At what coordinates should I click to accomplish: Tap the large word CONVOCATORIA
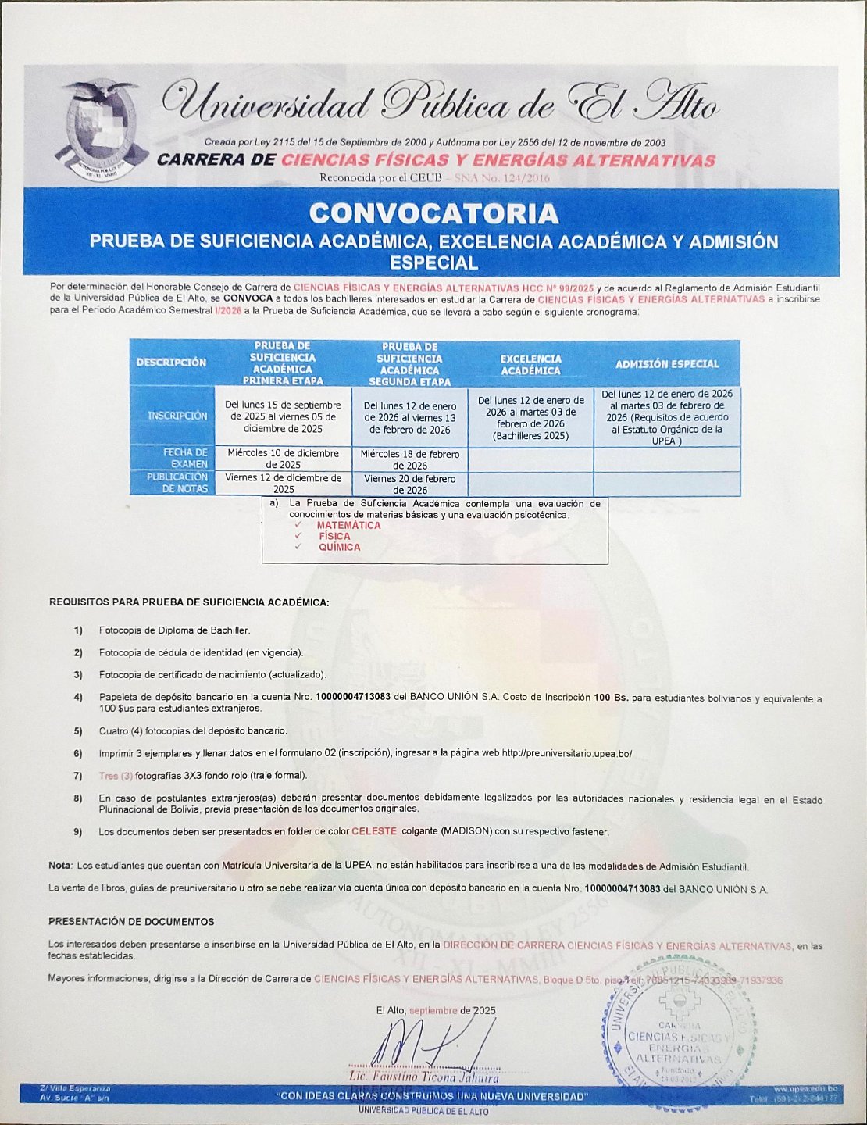433,213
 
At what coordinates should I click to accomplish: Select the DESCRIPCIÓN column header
172,362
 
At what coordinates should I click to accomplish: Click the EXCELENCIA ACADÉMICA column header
530,365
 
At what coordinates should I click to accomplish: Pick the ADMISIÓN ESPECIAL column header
666,364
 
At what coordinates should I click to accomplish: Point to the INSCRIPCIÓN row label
178,416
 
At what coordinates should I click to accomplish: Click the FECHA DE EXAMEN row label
184,458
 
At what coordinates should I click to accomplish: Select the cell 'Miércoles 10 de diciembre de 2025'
283,459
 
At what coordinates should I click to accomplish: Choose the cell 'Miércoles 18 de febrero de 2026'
410,459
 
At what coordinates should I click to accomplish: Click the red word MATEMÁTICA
348,526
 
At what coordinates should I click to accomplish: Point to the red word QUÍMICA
339,548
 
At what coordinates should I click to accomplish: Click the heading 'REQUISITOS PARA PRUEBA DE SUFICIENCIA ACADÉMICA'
189,602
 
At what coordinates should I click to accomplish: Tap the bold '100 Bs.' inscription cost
611,698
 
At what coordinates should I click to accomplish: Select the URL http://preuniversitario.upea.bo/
566,754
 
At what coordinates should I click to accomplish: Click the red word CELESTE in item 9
374,831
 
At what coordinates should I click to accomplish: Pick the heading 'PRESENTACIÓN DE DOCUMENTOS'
131,922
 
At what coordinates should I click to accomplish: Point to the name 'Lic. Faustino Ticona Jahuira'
423,1078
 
